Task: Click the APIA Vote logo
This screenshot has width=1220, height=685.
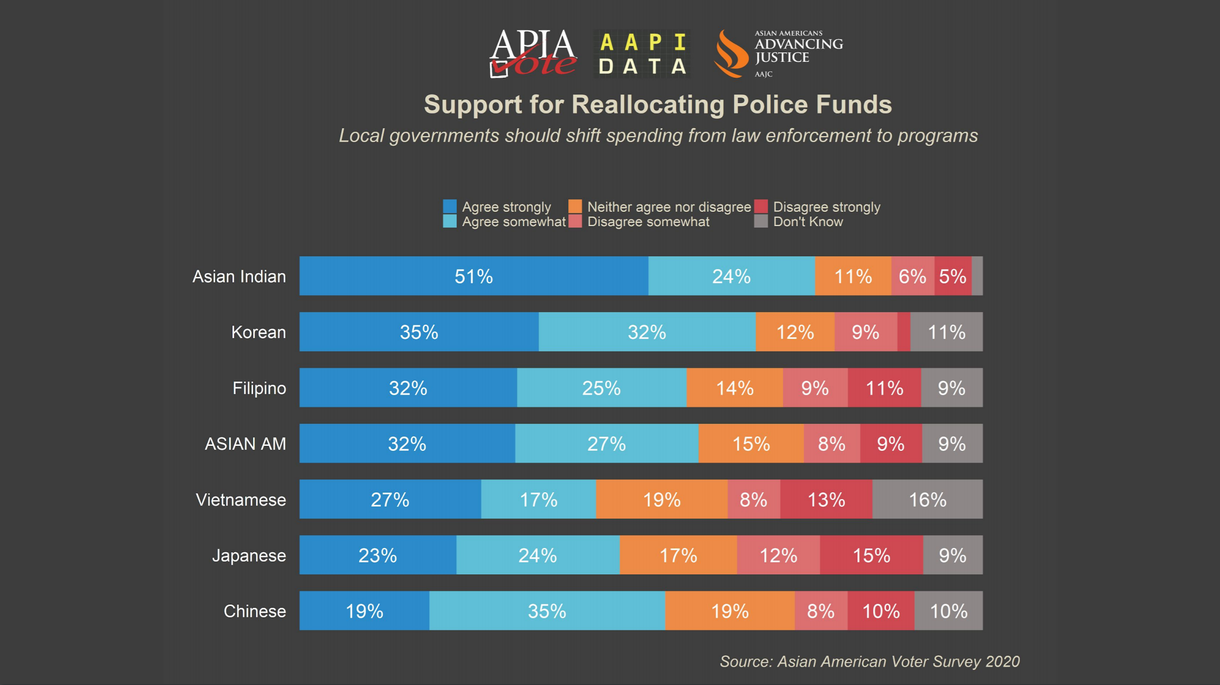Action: click(533, 53)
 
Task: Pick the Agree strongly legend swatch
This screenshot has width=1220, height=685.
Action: click(449, 206)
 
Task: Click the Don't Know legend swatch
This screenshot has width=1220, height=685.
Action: click(761, 221)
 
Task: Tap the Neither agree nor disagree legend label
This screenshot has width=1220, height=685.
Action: click(669, 207)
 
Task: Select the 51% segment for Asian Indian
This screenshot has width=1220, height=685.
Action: click(474, 276)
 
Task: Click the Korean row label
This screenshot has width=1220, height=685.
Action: click(259, 332)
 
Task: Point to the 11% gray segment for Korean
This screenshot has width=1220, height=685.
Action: click(946, 332)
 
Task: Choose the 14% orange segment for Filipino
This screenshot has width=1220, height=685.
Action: click(735, 388)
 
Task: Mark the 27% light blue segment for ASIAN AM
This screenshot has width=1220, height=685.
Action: click(607, 444)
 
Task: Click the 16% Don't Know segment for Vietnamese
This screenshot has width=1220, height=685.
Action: click(927, 500)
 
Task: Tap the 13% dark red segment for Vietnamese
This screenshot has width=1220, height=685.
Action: click(826, 500)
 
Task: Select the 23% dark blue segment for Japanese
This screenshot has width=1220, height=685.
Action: click(378, 555)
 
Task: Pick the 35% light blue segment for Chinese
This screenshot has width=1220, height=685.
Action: click(547, 611)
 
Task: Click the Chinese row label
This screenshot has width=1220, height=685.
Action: click(255, 611)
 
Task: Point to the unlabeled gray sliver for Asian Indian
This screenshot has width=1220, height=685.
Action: click(977, 276)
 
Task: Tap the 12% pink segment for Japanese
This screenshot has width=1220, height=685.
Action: click(778, 555)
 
